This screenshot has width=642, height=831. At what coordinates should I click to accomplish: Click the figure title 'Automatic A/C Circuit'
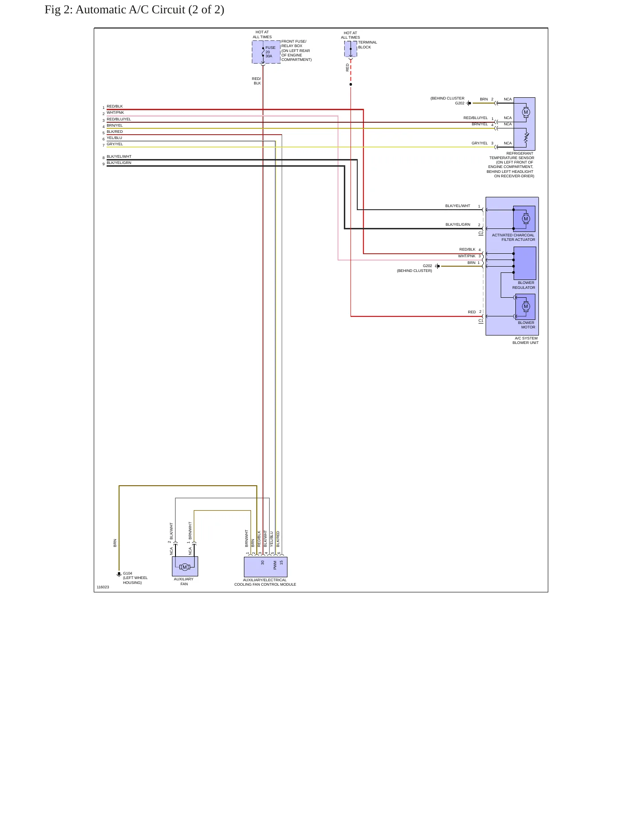click(x=130, y=9)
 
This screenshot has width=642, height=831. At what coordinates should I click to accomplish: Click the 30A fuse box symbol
click(x=266, y=52)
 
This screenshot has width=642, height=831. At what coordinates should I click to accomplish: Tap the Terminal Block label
click(x=367, y=45)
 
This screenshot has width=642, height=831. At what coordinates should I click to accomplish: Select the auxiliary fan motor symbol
click(x=185, y=567)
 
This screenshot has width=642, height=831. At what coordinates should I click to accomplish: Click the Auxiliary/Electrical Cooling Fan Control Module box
click(x=266, y=567)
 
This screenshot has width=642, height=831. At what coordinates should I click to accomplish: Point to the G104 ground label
click(x=128, y=573)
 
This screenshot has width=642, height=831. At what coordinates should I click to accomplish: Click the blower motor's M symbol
click(x=526, y=306)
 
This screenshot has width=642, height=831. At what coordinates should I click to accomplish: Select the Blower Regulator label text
click(x=524, y=285)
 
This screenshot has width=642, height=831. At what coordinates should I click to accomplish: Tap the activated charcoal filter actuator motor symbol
click(x=526, y=219)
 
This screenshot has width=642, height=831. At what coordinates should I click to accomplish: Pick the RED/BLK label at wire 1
click(x=115, y=106)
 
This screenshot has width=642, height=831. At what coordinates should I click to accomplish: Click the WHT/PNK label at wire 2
click(x=115, y=112)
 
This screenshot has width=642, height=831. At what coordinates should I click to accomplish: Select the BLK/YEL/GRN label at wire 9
click(x=119, y=163)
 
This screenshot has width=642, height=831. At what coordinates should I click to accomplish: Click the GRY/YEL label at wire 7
click(x=115, y=144)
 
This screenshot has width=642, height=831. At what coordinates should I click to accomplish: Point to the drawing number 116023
click(x=103, y=587)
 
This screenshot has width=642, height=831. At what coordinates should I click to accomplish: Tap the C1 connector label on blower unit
click(x=481, y=320)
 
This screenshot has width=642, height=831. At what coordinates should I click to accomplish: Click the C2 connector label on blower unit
click(x=481, y=233)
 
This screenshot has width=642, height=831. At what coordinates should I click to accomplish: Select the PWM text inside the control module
click(x=275, y=565)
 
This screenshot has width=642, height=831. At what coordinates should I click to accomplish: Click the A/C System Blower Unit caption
click(x=526, y=340)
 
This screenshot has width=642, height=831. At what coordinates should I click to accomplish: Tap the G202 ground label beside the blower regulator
click(x=427, y=266)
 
